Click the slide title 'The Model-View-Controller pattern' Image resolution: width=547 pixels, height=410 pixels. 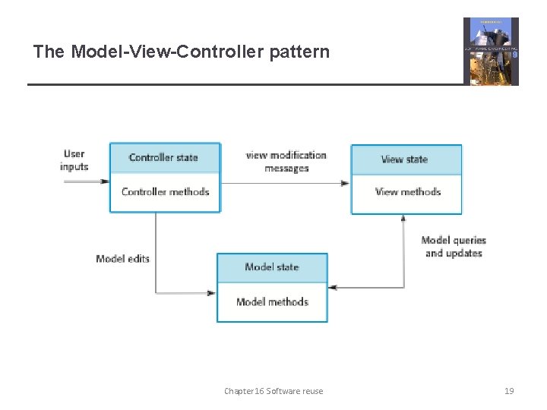click(182, 52)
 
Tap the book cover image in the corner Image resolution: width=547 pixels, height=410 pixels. click(491, 52)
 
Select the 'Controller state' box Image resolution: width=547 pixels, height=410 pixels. click(164, 158)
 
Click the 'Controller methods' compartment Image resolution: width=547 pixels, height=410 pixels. click(164, 192)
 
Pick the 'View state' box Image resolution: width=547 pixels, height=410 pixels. click(405, 159)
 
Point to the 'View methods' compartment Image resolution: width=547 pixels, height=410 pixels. click(406, 192)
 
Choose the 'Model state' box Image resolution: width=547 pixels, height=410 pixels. click(272, 267)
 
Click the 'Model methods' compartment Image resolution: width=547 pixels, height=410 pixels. click(272, 302)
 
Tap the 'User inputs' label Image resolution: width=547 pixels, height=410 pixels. click(74, 160)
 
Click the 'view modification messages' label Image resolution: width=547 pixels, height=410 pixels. click(286, 162)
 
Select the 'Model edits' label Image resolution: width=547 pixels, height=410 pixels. click(122, 259)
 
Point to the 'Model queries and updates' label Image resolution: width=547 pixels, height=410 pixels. click(454, 247)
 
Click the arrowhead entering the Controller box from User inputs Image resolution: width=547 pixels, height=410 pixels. click(106, 181)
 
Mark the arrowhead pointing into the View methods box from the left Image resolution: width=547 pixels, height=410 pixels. click(346, 182)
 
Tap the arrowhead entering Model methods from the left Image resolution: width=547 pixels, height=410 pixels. click(212, 293)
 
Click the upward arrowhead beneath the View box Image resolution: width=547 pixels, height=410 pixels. click(403, 219)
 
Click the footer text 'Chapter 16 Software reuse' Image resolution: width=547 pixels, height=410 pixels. click(273, 391)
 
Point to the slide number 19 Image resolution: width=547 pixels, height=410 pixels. click(509, 391)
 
